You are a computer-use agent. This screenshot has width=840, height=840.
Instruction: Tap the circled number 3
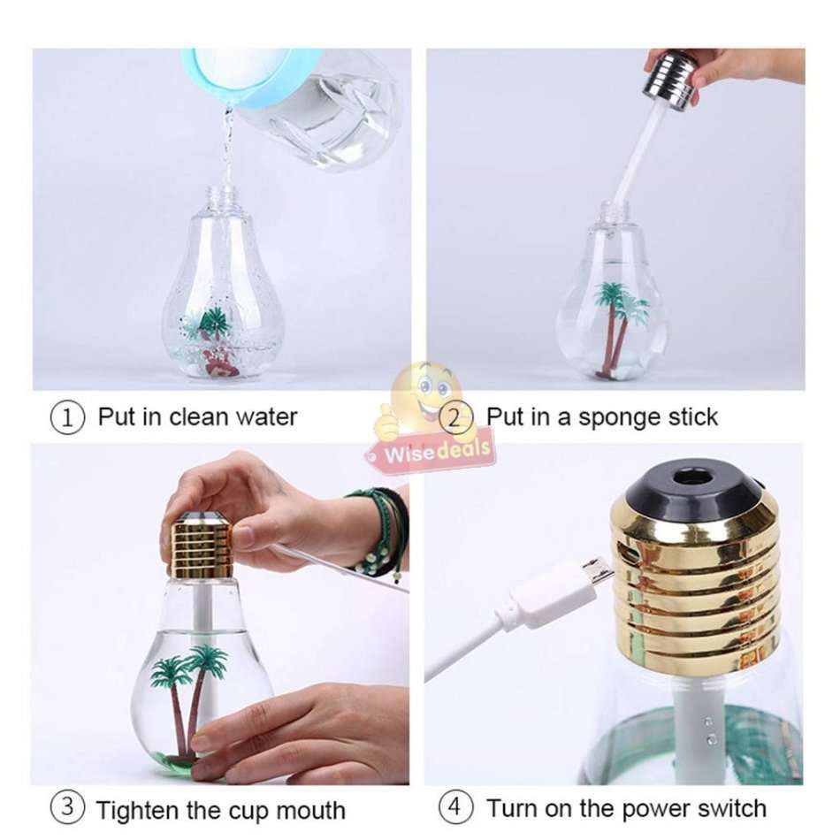pyautogui.click(x=68, y=809)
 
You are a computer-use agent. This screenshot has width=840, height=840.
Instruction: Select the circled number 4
pyautogui.click(x=455, y=807)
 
